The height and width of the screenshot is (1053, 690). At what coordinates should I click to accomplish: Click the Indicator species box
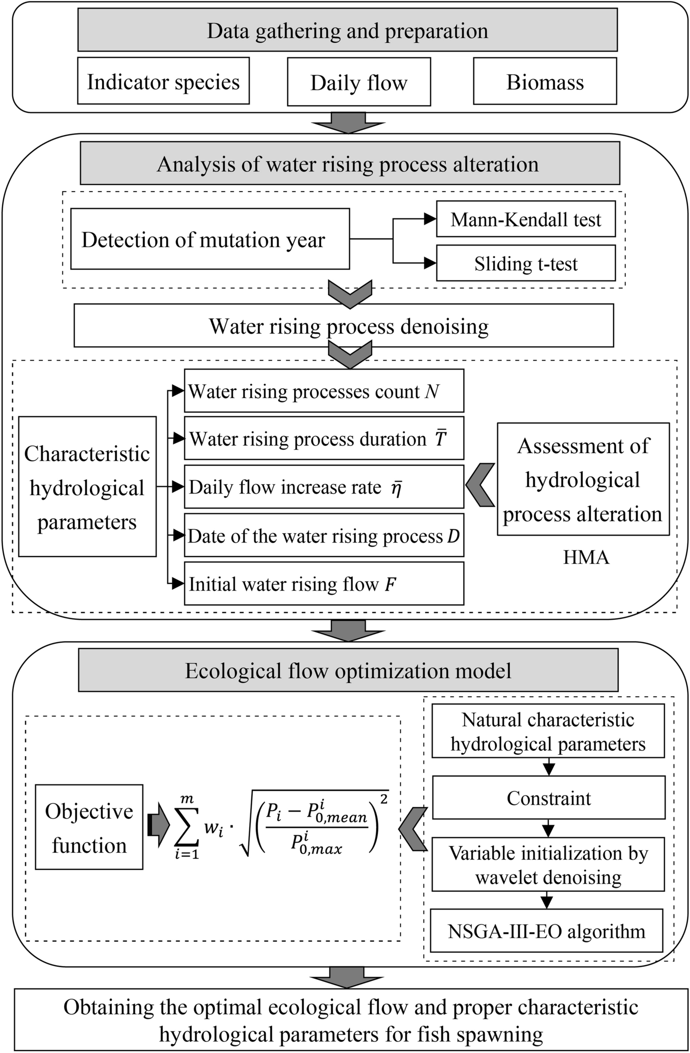coord(163,81)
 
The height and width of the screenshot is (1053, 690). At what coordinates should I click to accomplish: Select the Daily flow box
coord(359,82)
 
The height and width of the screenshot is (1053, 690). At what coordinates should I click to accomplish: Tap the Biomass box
coord(545,81)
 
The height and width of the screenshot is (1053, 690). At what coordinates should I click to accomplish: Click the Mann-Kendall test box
coord(525,219)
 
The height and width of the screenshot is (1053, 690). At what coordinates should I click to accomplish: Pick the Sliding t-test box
coord(525,263)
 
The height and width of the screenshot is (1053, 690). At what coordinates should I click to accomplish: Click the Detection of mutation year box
coord(209,239)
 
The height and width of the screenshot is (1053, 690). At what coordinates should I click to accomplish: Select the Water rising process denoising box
coord(343,326)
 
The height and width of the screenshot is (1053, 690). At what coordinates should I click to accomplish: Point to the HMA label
coord(586,558)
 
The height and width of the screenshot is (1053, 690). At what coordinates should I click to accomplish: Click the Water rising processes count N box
coord(324,391)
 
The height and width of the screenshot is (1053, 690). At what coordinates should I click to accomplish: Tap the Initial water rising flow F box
coord(324,584)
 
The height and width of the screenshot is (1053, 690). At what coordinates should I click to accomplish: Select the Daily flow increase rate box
coord(324,487)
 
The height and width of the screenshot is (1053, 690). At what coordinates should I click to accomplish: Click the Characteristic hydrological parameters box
coord(87,487)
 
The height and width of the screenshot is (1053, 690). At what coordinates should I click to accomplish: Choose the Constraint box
coord(548,798)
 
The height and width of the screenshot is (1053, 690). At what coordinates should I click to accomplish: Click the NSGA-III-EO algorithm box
coord(546,931)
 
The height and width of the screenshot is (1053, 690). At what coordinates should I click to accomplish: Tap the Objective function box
coord(89,827)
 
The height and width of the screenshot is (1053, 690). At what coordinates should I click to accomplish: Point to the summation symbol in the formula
coord(186,829)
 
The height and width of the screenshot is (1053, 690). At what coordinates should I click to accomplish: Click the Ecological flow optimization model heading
coord(348,671)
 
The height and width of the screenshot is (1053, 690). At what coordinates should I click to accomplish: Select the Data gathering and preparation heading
coord(347,30)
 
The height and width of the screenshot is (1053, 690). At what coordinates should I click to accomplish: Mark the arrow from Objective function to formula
coord(157,825)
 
